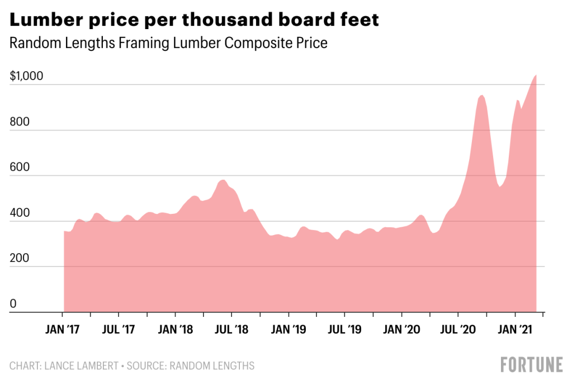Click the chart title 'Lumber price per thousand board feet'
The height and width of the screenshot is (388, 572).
[195, 20]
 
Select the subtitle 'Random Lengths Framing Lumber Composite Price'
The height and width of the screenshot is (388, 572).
[168, 44]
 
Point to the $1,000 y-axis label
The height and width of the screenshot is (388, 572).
[26, 77]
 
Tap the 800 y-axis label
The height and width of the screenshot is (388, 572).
[18, 122]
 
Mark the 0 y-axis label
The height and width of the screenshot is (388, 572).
[13, 304]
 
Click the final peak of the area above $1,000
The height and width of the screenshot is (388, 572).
[535, 76]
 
